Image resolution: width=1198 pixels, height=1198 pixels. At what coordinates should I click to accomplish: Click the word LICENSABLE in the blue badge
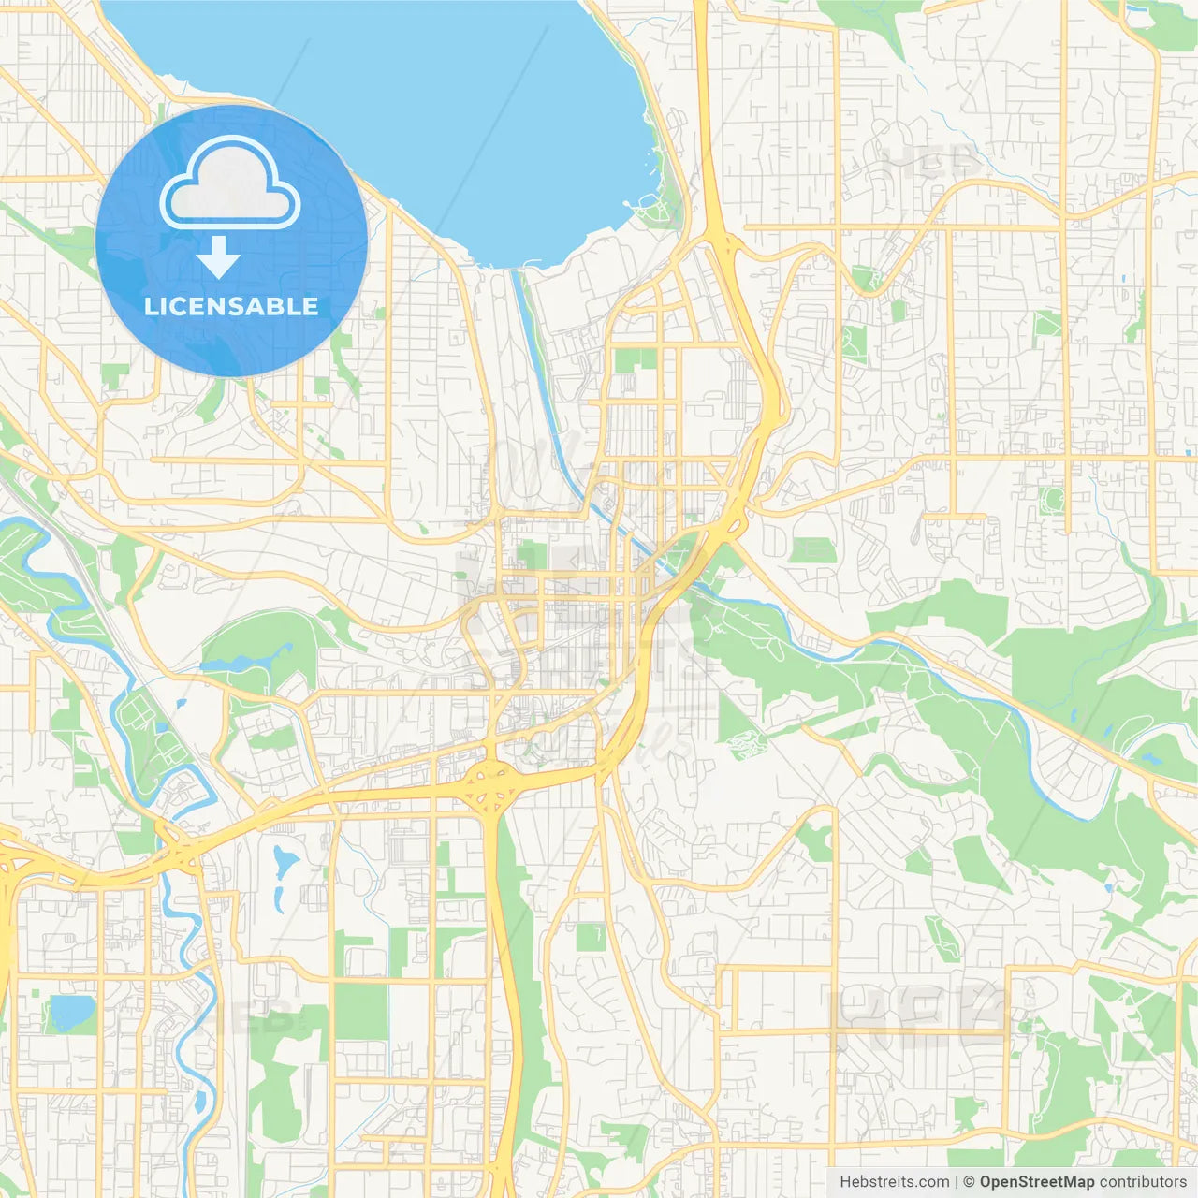click(x=231, y=306)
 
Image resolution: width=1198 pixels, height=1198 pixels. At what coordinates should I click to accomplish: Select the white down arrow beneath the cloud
click(x=218, y=257)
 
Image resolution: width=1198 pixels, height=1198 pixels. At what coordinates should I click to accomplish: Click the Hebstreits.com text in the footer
click(x=894, y=1182)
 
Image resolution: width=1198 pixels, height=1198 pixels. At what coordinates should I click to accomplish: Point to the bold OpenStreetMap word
click(x=1036, y=1182)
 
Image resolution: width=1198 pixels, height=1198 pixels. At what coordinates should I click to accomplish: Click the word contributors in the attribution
click(x=1143, y=1182)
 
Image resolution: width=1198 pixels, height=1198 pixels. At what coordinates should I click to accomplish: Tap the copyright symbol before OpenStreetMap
click(x=969, y=1182)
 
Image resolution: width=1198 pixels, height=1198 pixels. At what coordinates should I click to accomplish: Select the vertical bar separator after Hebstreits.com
click(x=957, y=1182)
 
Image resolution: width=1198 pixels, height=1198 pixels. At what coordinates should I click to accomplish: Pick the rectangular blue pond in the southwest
click(x=72, y=1012)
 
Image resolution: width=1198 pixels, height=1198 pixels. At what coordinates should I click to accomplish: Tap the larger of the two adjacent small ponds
click(x=283, y=860)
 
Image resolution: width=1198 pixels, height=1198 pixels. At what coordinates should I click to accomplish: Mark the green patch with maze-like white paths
click(x=746, y=745)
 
